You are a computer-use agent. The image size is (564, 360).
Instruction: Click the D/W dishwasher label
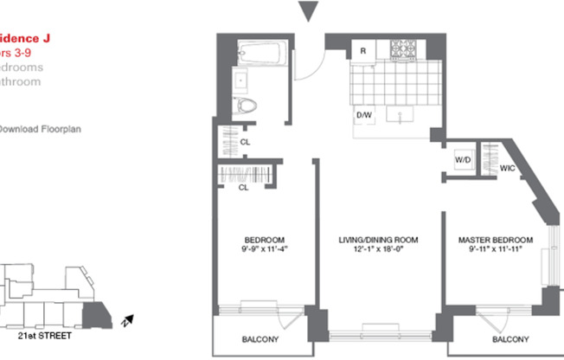click(x=363, y=114)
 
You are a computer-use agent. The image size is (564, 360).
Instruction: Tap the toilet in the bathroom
click(x=247, y=106)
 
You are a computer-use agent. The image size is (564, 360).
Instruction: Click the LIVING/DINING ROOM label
click(x=377, y=240)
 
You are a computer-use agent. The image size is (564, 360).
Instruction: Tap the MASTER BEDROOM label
click(x=496, y=240)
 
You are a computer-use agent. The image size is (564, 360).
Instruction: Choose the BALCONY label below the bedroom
click(x=258, y=339)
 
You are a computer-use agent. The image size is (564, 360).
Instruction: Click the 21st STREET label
click(x=43, y=333)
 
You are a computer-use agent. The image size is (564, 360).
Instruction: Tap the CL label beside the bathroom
click(x=246, y=142)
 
